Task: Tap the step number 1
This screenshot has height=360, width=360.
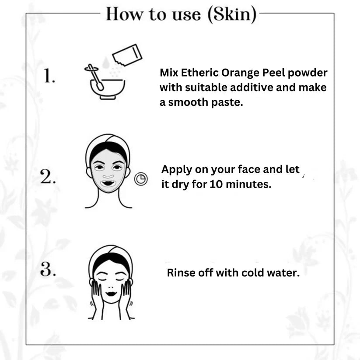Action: pyautogui.click(x=49, y=75)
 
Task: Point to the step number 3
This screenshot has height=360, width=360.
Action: pyautogui.click(x=48, y=269)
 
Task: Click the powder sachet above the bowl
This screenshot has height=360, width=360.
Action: pyautogui.click(x=127, y=55)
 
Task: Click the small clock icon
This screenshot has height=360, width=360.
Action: pyautogui.click(x=141, y=179)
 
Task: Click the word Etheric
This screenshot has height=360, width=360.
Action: pyautogui.click(x=200, y=73)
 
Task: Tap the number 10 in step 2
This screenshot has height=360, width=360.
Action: pyautogui.click(x=216, y=184)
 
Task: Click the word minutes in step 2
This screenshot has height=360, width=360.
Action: pyautogui.click(x=248, y=184)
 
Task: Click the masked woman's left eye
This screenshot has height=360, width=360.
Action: pyautogui.click(x=118, y=168)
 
